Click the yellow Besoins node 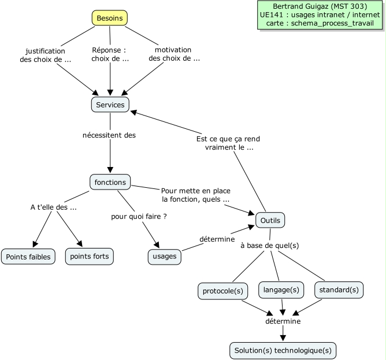pyautogui.click(x=110, y=18)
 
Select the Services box pyautogui.click(x=110, y=105)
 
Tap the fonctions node pyautogui.click(x=110, y=182)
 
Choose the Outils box pyautogui.click(x=270, y=221)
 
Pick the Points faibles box pyautogui.click(x=28, y=256)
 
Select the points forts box pyautogui.click(x=89, y=256)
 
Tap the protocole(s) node pyautogui.click(x=222, y=290)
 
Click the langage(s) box pyautogui.click(x=281, y=290)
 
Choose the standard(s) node pyautogui.click(x=339, y=290)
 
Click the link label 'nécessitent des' pyautogui.click(x=110, y=135)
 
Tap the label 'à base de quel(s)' pyautogui.click(x=269, y=246)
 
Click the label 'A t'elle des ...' pyautogui.click(x=54, y=207)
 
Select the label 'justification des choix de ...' pyautogui.click(x=49, y=55)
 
